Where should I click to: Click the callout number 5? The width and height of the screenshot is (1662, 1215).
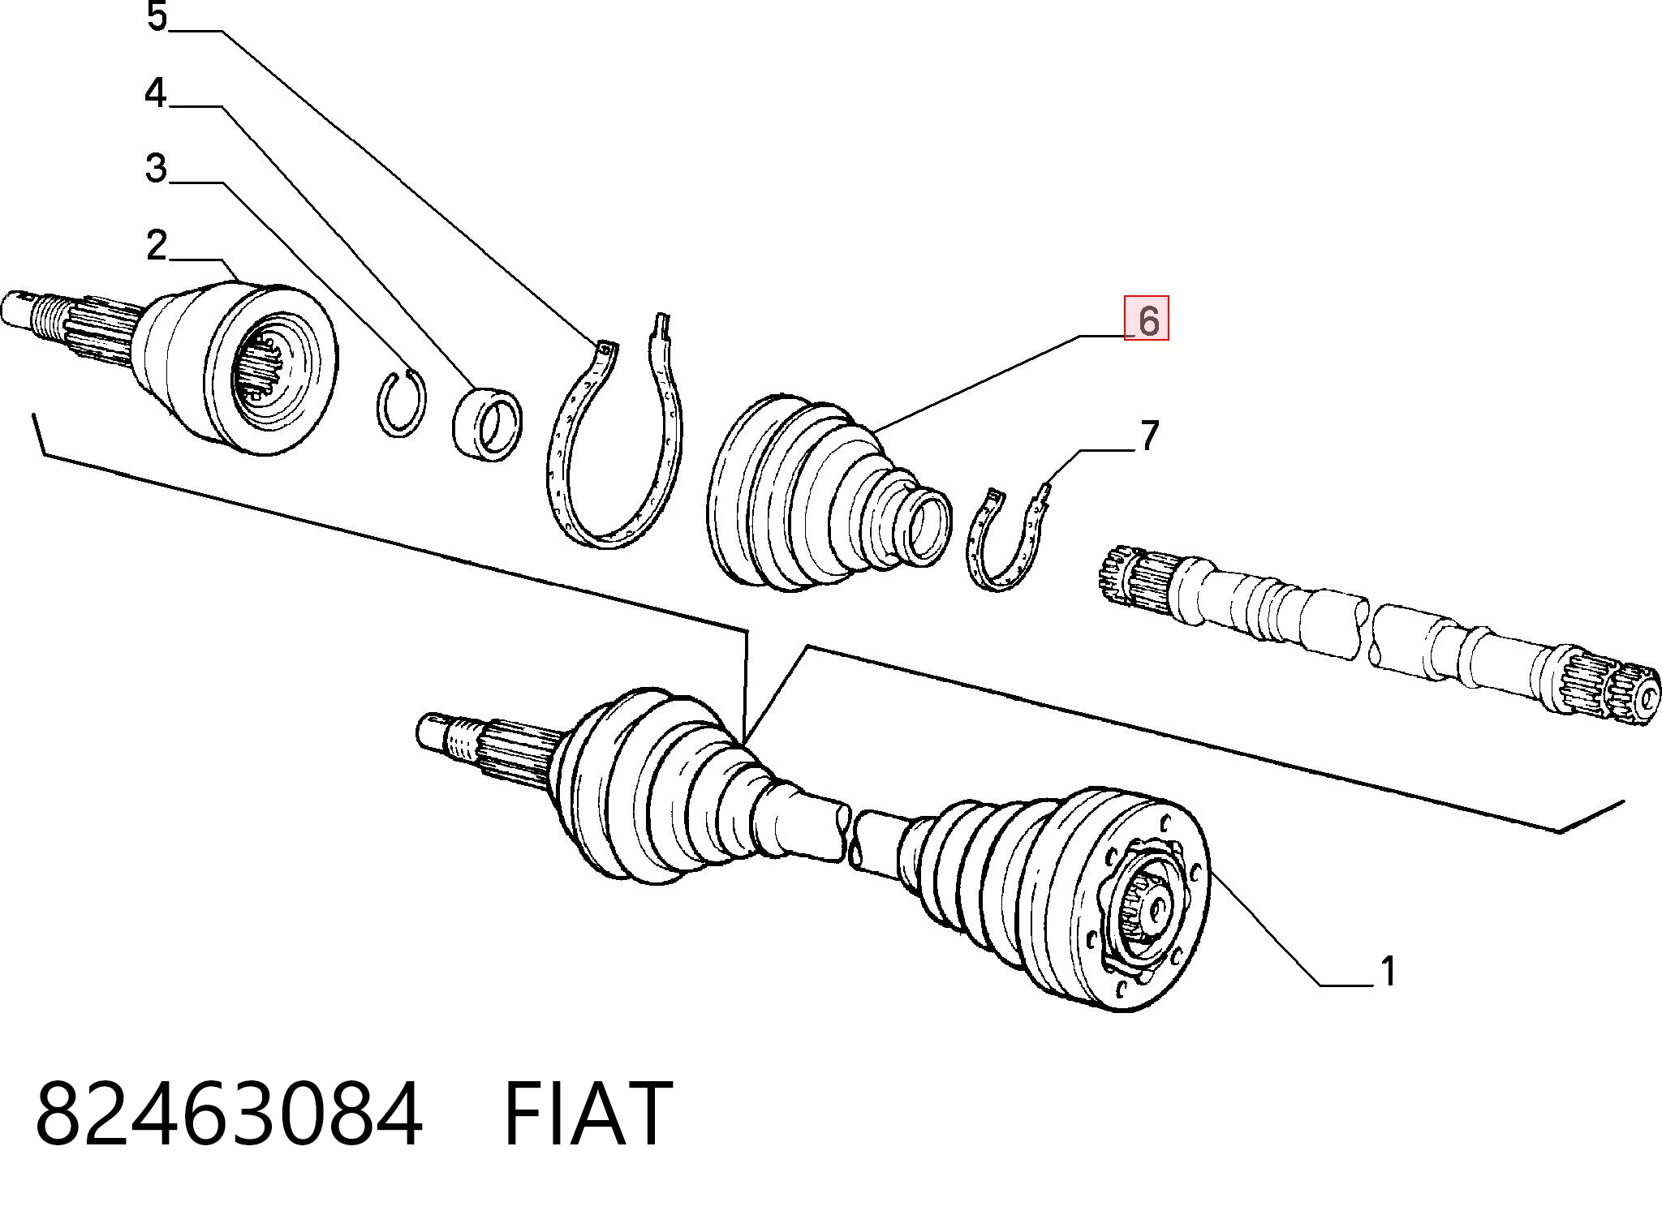point(157,16)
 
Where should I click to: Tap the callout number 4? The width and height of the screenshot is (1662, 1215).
point(155,92)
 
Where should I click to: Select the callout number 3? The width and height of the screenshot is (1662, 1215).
point(156,168)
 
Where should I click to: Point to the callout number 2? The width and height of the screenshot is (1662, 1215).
point(157,244)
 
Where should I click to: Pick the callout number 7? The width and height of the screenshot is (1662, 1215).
point(1149,436)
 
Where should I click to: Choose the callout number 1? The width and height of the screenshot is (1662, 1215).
point(1389,971)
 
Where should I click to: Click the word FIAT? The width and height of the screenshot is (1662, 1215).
point(588,1114)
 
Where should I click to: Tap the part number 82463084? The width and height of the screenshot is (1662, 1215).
point(229,1114)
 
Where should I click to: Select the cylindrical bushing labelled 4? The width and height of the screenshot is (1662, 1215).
point(487,423)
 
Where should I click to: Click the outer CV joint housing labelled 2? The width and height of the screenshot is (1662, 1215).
point(235,367)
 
